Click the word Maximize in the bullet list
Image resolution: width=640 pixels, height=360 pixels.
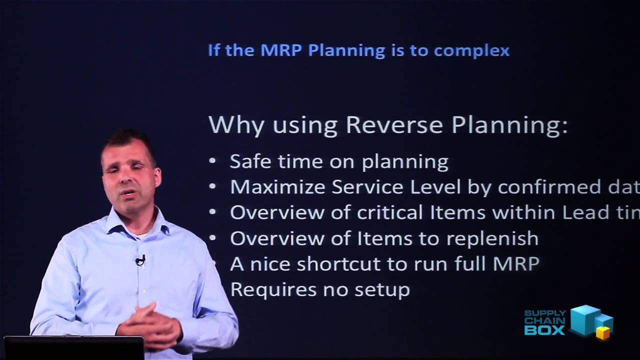pyautogui.click(x=277, y=187)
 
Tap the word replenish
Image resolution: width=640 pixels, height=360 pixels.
pyautogui.click(x=492, y=238)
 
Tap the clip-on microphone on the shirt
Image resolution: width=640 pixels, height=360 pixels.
pyautogui.click(x=140, y=259)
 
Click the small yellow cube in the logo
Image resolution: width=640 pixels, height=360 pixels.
pyautogui.click(x=603, y=333)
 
